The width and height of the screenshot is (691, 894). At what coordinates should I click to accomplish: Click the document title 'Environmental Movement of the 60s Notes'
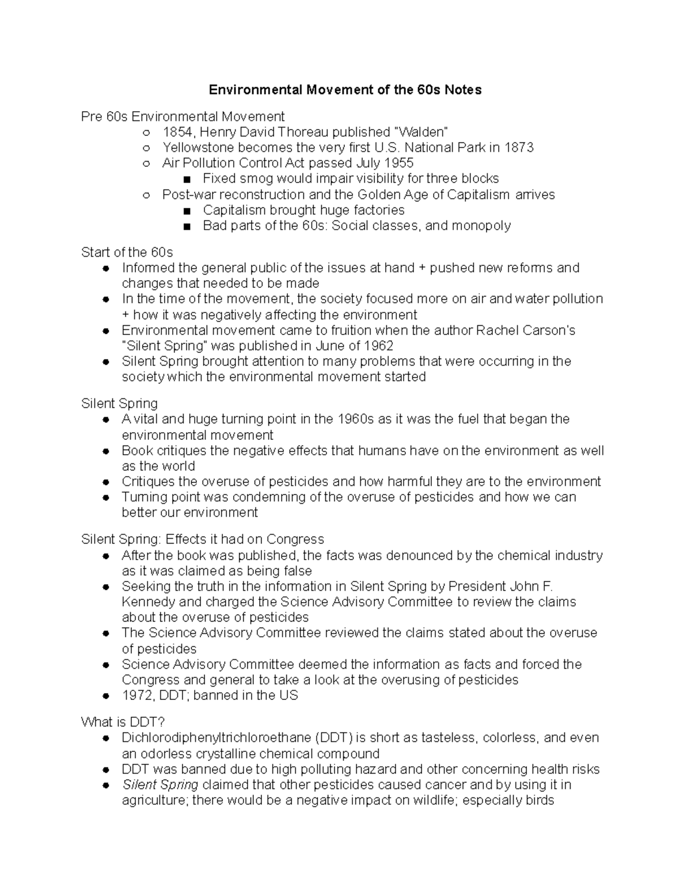click(x=345, y=90)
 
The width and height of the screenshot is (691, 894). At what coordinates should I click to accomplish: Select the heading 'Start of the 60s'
click(x=127, y=252)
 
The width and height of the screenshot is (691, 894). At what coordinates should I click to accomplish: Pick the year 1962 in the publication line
click(x=378, y=346)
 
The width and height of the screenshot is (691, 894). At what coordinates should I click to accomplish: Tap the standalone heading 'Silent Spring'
click(x=119, y=404)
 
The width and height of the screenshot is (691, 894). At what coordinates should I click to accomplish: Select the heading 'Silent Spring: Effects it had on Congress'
click(x=203, y=539)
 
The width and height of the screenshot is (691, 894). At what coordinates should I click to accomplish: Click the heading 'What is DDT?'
click(x=123, y=722)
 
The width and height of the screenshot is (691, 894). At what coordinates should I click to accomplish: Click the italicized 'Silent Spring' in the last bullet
click(x=160, y=785)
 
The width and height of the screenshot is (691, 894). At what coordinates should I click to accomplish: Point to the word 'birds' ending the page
click(x=539, y=800)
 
